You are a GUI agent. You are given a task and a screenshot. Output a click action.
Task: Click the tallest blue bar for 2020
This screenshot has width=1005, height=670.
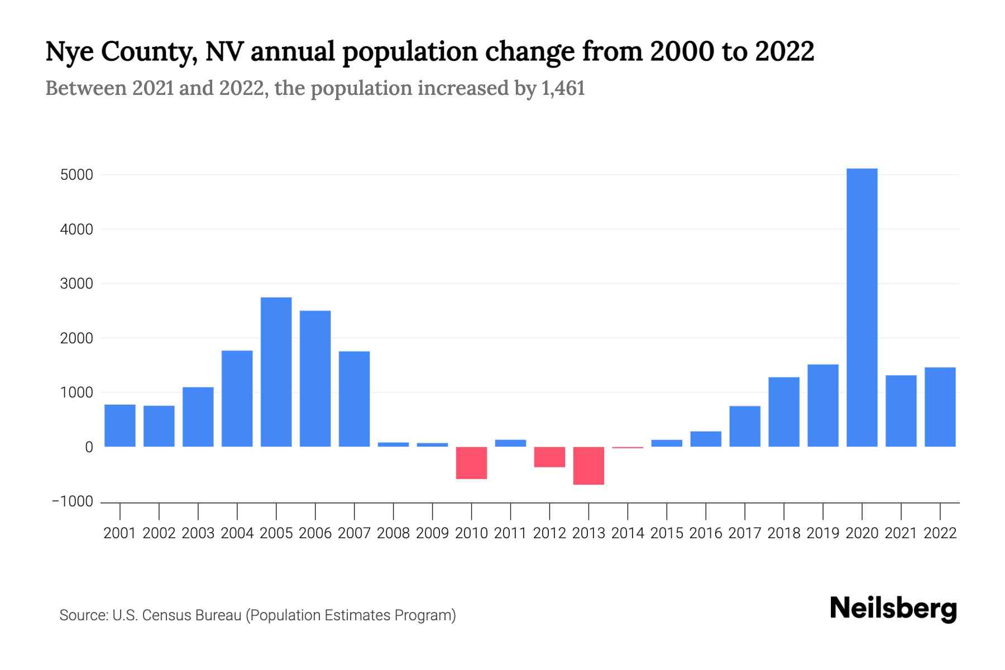tap(862, 307)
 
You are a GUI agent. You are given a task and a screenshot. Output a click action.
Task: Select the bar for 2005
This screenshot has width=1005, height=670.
tap(276, 372)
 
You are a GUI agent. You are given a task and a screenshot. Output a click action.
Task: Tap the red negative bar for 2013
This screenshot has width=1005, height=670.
tap(588, 466)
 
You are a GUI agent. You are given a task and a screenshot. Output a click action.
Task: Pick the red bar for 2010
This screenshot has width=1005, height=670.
tap(471, 463)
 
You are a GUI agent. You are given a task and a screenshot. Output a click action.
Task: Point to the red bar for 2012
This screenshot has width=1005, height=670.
tap(549, 457)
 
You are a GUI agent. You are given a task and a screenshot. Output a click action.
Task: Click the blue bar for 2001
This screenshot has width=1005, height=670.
tap(120, 425)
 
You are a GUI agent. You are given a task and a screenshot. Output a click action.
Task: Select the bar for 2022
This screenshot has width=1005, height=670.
tap(940, 407)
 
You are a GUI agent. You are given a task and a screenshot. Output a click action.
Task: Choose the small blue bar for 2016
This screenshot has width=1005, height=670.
tap(706, 439)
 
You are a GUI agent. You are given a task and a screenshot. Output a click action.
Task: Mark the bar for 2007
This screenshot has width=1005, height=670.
tap(354, 399)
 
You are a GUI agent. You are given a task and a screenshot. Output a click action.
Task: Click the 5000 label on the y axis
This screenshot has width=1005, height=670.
tap(76, 175)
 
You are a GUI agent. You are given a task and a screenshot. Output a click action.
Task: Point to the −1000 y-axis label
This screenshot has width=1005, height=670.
tap(73, 501)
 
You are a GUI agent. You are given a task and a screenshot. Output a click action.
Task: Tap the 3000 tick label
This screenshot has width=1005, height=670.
tap(76, 284)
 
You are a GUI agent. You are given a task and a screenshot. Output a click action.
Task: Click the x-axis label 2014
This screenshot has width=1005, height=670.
tap(628, 533)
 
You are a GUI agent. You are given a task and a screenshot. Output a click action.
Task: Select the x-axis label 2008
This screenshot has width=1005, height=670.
tap(393, 533)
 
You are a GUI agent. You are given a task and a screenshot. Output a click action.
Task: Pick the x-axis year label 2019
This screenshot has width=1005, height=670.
tap(822, 533)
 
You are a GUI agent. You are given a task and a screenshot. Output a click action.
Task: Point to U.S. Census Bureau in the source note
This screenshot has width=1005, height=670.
tap(177, 615)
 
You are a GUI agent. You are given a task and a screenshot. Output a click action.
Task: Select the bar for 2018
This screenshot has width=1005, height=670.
tap(783, 412)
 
